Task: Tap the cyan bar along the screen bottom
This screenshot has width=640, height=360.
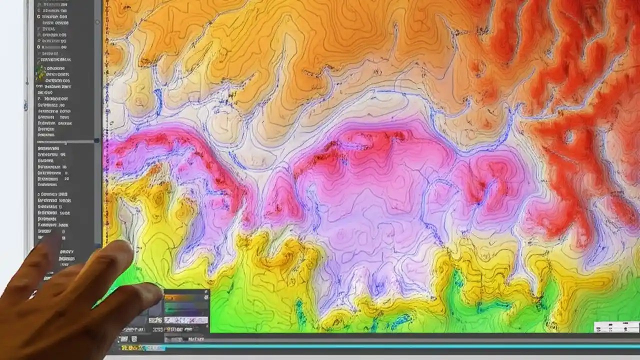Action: (x=400, y=346)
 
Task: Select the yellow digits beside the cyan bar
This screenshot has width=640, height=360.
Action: (x=129, y=347)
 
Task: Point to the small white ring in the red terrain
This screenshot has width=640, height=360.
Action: (x=568, y=136)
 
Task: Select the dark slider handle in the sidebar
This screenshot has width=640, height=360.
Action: (x=96, y=141)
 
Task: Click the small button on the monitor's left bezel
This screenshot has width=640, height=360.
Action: (x=26, y=106)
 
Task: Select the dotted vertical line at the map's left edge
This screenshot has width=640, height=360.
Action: (x=106, y=125)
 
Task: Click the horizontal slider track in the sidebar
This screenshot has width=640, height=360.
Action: (x=65, y=141)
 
